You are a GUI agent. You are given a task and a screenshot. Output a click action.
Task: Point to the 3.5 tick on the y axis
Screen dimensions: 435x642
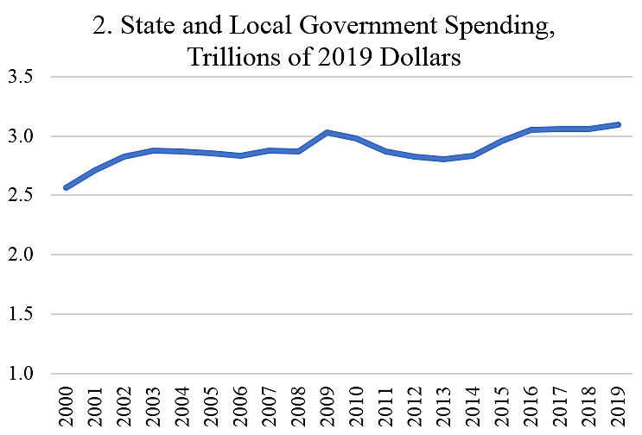(25, 77)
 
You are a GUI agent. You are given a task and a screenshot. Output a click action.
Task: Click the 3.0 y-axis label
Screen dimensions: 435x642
(25, 136)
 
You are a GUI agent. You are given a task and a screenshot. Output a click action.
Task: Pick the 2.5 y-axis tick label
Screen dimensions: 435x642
(25, 196)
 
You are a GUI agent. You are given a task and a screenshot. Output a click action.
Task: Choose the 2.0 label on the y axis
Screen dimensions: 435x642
(25, 255)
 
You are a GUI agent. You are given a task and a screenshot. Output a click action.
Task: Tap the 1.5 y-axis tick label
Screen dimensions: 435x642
(25, 315)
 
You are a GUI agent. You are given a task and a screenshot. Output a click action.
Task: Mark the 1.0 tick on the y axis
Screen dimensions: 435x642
(25, 375)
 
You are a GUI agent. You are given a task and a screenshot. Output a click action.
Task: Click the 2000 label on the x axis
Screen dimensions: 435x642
(67, 407)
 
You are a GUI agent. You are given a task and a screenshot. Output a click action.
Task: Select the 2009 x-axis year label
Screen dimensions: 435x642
(328, 407)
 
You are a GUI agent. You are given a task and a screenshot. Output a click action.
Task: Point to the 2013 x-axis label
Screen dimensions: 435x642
(445, 407)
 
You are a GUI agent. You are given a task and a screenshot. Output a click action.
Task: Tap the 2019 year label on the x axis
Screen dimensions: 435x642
(620, 407)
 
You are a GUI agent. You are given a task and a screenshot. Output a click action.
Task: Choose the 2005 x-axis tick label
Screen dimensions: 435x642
(212, 407)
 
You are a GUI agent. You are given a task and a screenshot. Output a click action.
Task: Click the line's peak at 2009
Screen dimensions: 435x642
(328, 133)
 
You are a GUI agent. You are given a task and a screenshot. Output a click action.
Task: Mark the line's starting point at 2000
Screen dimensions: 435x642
(67, 187)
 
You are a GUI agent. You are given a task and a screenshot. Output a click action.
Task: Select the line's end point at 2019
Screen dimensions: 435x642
(619, 124)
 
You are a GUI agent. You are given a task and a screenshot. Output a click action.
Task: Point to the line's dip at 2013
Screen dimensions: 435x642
(445, 159)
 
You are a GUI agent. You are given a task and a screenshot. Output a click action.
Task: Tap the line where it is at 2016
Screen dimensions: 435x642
(532, 130)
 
